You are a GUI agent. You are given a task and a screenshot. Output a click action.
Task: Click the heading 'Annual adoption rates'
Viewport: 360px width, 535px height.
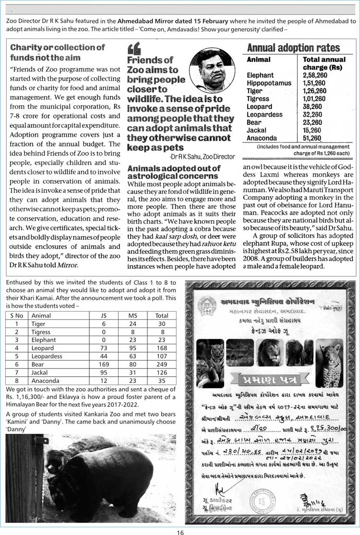coord(293,48)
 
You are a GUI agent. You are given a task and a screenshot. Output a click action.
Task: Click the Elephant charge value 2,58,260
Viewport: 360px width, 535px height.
coord(314,75)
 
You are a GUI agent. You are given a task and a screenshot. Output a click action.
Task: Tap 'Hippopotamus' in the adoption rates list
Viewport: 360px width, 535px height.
coord(269,83)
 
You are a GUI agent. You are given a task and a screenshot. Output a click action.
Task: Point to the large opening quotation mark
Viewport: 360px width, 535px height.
coord(134,48)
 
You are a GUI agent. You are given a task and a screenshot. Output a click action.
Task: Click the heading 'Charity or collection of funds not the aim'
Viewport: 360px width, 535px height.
coord(57,52)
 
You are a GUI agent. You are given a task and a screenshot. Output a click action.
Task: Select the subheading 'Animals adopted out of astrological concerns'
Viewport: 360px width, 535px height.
coord(174,172)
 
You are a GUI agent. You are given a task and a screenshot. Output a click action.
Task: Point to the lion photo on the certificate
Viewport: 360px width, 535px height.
coord(269,354)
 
